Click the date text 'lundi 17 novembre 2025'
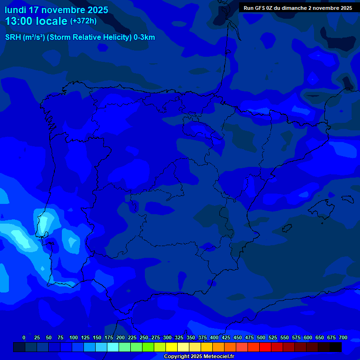pyautogui.click(x=56, y=10)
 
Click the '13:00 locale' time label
pyautogui.click(x=36, y=21)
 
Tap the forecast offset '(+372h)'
pyautogui.click(x=83, y=21)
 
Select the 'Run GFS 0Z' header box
pyautogui.click(x=298, y=7)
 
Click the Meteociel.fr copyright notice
pyautogui.click(x=199, y=357)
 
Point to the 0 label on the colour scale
pyautogui.click(x=24, y=337)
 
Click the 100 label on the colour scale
pyautogui.click(x=74, y=337)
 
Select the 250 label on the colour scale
pyautogui.click(x=144, y=337)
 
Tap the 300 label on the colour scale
pyautogui.click(x=167, y=337)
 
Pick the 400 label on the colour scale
pyautogui.click(x=214, y=337)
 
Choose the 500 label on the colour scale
pyautogui.click(x=261, y=337)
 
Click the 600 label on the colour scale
pyautogui.click(x=308, y=337)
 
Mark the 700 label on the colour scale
pyautogui.click(x=343, y=337)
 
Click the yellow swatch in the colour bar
pyautogui.click(x=172, y=347)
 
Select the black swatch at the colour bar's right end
pyautogui.click(x=336, y=347)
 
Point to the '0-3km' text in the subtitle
pyautogui.click(x=144, y=37)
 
